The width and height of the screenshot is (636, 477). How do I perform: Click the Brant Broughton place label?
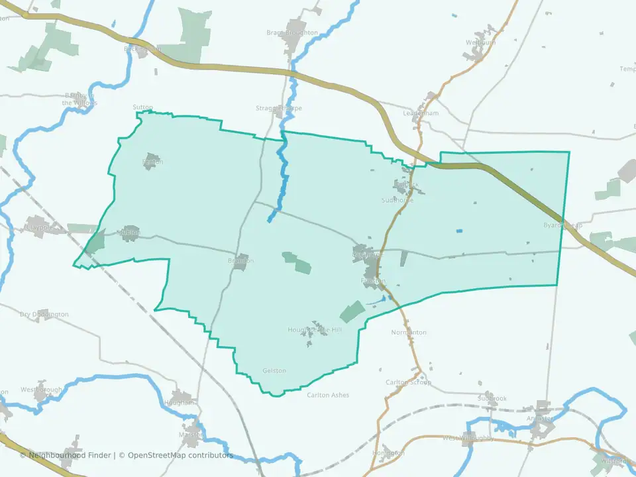click(292, 32)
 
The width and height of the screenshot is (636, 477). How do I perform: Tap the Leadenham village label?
click(421, 113)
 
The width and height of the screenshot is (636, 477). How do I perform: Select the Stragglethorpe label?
click(278, 108)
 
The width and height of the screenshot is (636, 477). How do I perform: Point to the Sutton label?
click(142, 107)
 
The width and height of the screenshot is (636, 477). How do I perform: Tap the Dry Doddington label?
click(44, 314)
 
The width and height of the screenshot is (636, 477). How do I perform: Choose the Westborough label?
click(41, 390)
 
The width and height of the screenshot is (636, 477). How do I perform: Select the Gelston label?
click(274, 371)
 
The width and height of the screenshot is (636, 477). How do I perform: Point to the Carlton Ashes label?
click(327, 396)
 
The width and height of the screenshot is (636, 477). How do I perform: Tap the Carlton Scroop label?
click(408, 382)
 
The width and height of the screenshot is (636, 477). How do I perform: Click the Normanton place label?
click(409, 332)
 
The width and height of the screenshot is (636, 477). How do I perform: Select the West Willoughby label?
click(468, 438)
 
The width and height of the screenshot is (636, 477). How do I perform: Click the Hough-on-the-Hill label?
click(315, 329)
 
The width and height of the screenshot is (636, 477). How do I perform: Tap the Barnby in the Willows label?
click(79, 99)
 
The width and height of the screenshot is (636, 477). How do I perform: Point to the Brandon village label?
click(241, 260)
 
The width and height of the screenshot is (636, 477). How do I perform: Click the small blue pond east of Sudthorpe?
click(459, 231)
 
